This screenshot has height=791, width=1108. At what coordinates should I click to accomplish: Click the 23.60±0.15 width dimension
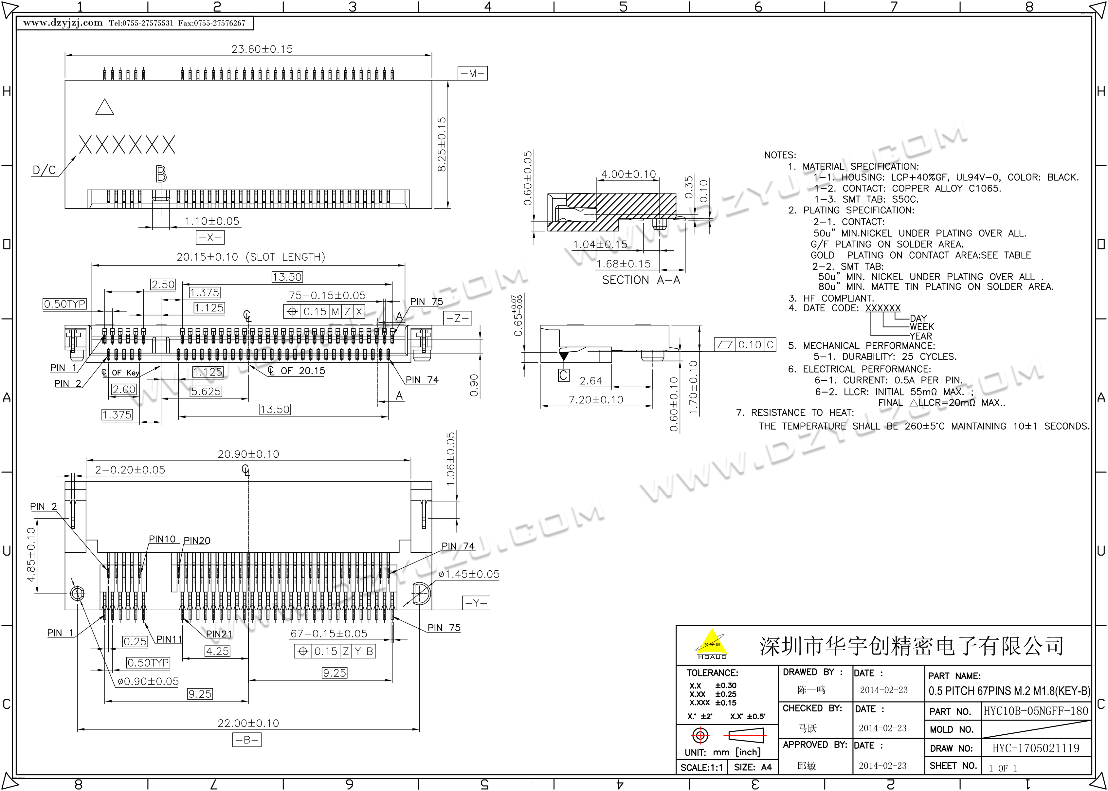click(262, 49)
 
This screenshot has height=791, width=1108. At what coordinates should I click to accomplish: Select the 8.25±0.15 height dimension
click(442, 144)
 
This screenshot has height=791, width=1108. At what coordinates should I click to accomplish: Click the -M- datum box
click(472, 74)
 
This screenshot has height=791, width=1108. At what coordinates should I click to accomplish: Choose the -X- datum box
click(210, 237)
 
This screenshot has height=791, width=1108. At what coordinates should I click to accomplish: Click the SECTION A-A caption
click(641, 280)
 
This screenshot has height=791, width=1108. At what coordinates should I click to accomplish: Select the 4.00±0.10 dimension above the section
click(628, 174)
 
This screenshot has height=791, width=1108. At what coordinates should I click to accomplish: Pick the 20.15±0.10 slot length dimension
click(251, 257)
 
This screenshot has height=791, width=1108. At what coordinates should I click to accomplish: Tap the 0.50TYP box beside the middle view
click(65, 304)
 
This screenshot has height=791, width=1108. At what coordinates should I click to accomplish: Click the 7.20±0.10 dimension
click(596, 400)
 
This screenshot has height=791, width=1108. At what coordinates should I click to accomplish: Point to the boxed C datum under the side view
click(563, 375)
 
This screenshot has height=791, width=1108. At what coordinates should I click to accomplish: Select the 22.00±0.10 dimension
click(248, 723)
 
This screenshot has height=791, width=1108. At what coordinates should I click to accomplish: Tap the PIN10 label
click(162, 539)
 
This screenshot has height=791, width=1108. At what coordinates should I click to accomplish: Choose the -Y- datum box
click(476, 603)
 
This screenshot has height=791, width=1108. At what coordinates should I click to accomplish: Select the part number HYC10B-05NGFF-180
click(1035, 711)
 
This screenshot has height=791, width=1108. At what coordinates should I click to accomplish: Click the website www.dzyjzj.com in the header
click(63, 23)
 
